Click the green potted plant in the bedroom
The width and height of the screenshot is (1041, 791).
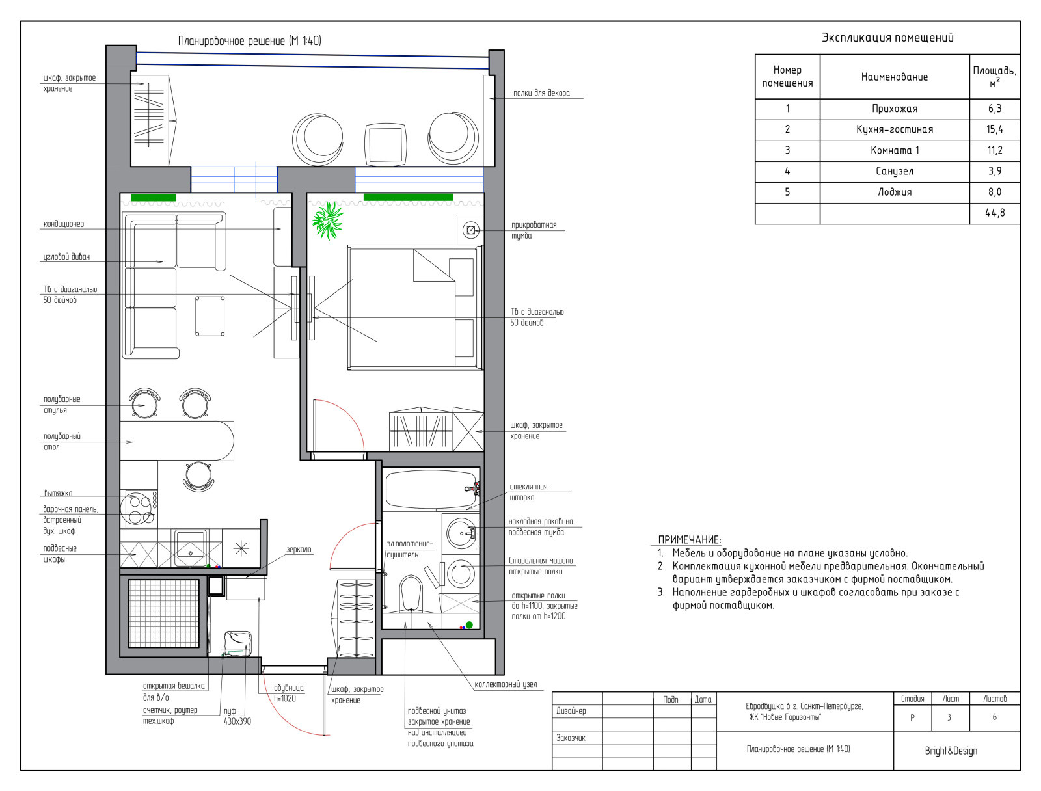coord(327,221)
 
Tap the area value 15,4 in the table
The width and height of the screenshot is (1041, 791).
coord(995,129)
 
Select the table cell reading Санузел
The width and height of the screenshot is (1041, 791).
coord(895,171)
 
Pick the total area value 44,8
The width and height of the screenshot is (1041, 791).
coord(995,213)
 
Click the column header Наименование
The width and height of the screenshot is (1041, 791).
coord(895,77)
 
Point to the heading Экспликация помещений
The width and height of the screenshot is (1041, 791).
coord(887,38)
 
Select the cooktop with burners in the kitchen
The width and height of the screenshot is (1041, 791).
coord(139,509)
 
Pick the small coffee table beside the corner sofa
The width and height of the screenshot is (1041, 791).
coord(210,316)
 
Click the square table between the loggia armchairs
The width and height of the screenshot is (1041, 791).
coord(386,144)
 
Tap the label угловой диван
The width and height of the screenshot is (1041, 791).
coord(66,257)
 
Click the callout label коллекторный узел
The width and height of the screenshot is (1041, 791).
coord(506,684)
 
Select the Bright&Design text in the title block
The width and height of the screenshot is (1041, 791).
coord(951,751)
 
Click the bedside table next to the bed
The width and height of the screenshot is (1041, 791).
coord(470,230)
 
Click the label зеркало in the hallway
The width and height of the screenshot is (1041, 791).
coord(299,550)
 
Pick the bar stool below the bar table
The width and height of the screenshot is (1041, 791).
coord(198,476)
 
